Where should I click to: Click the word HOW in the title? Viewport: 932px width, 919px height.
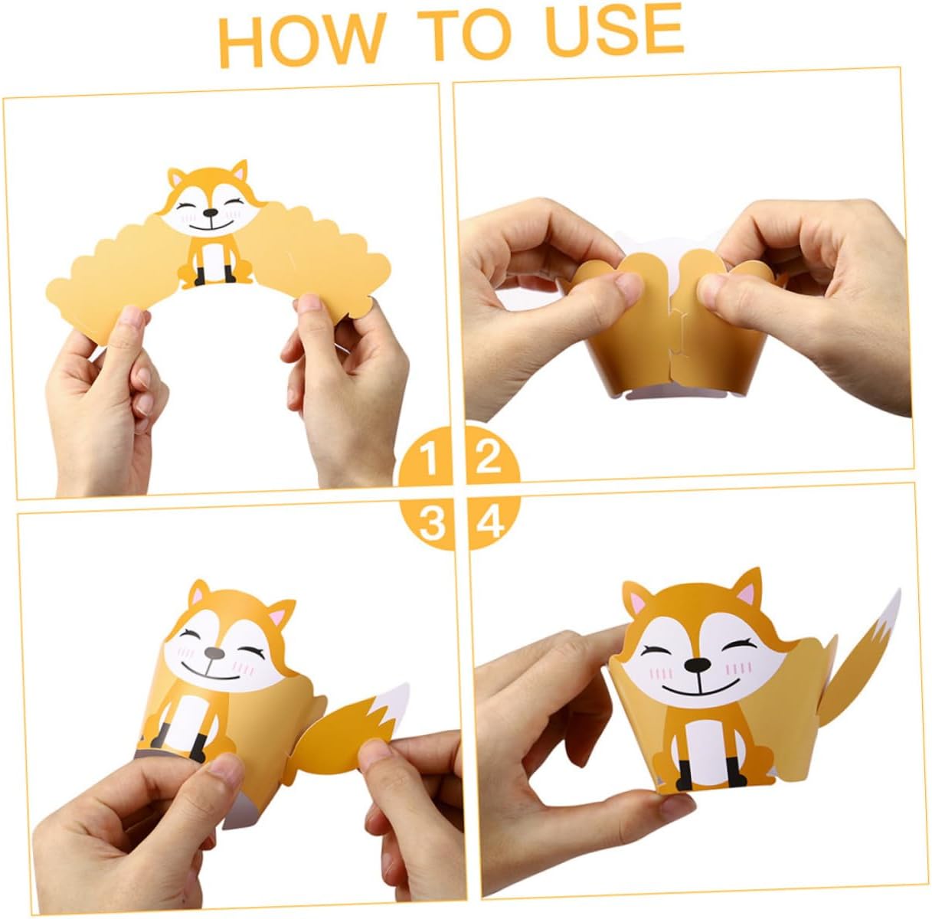click(x=302, y=40)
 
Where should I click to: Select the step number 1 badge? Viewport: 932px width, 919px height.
click(x=426, y=456)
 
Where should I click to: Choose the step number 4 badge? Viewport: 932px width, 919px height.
click(x=493, y=523)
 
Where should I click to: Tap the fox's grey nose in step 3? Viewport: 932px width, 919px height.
click(x=214, y=653)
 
